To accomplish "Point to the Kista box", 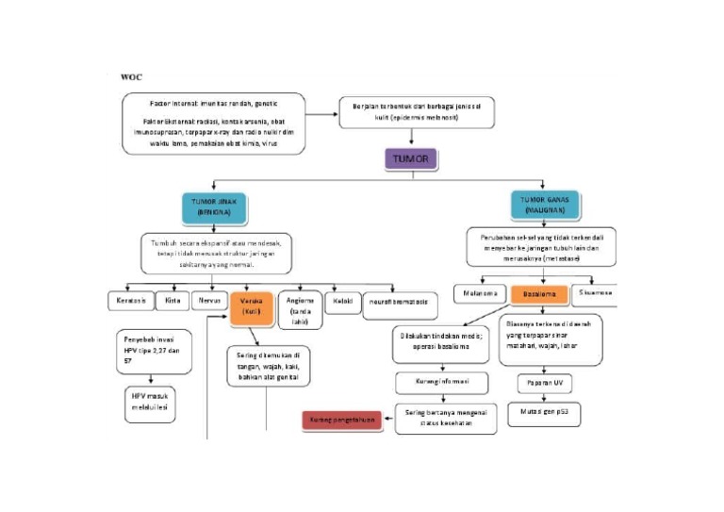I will coord(173,301).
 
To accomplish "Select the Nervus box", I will coord(208,301).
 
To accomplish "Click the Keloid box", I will coord(343,302).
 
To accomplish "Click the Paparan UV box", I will coord(538,385).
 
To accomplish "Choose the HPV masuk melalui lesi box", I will coord(148,401).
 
